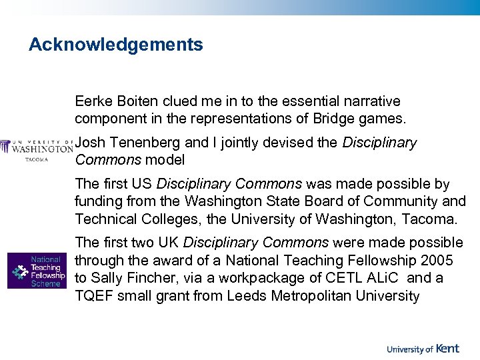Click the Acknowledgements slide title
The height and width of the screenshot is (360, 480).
click(115, 45)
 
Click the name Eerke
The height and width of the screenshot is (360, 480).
click(93, 102)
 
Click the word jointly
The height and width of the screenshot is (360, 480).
click(245, 143)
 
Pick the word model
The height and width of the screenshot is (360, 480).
click(165, 160)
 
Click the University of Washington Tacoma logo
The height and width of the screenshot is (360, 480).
click(37, 149)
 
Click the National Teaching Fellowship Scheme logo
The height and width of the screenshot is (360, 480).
click(37, 270)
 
